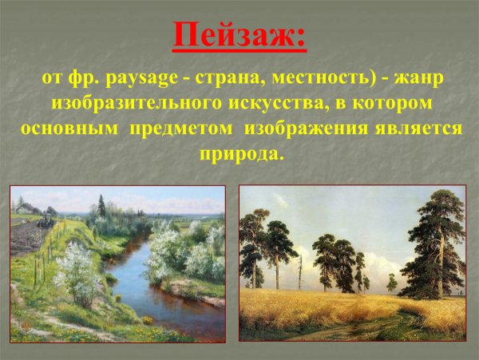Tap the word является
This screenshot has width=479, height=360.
click(x=422, y=129)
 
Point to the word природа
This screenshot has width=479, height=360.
click(x=239, y=152)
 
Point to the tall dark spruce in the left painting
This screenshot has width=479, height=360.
click(x=101, y=205)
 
